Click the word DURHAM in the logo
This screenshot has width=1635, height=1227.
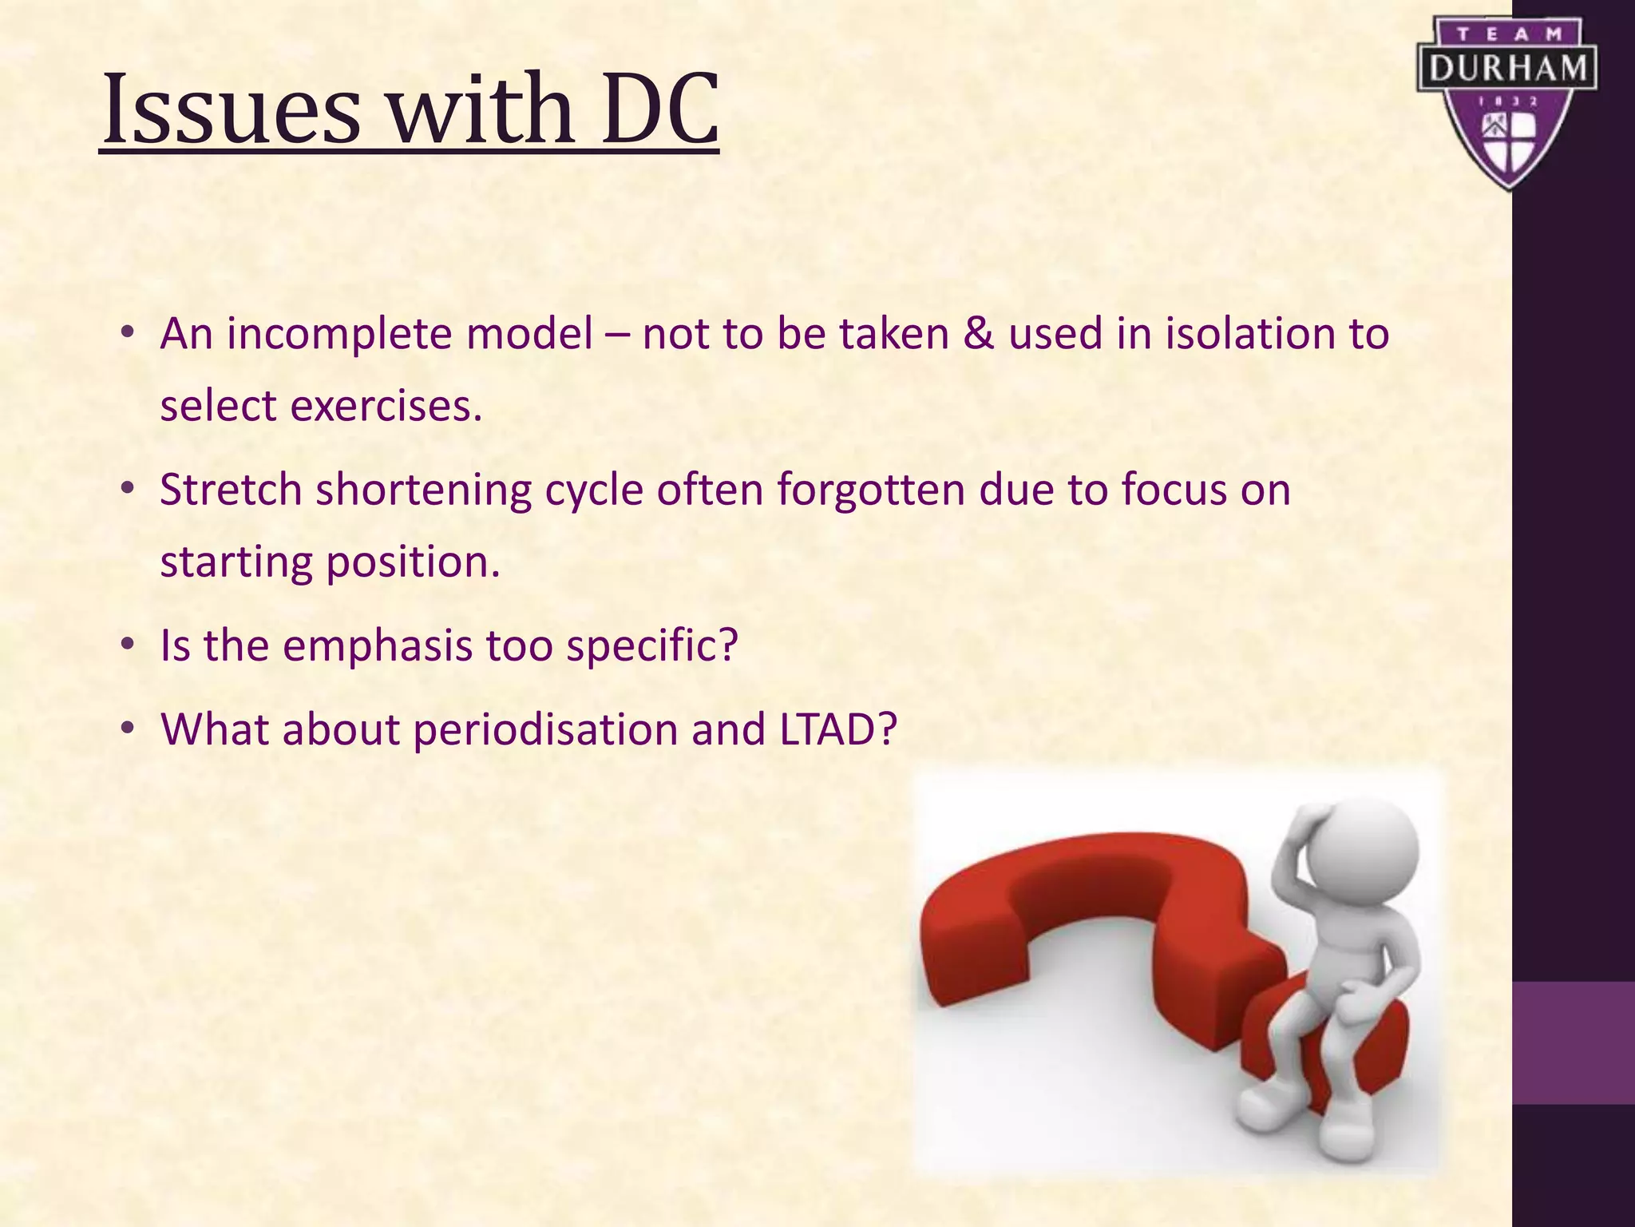click(1508, 69)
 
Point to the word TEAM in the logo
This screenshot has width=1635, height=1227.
click(1508, 34)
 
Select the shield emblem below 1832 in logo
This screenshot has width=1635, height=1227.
click(1508, 136)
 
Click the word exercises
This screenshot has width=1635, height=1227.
click(386, 406)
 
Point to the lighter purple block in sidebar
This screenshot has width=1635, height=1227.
click(1573, 1043)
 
